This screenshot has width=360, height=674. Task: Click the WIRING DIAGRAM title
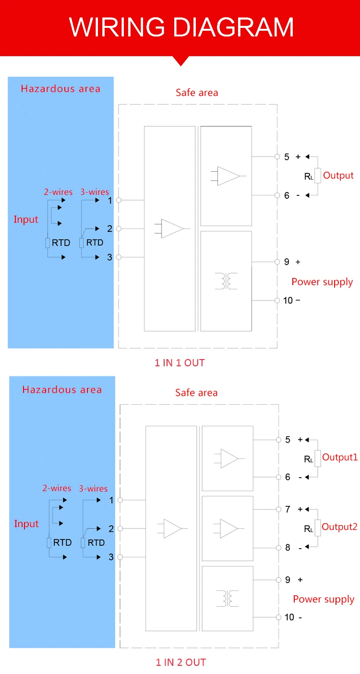pos(181,27)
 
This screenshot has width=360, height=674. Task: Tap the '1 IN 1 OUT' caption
pos(180,363)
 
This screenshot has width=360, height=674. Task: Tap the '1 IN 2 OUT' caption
pos(180,662)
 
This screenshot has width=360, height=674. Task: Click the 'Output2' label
pos(339,527)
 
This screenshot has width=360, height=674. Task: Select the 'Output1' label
pos(340,457)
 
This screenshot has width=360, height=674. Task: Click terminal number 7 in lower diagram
pos(288,509)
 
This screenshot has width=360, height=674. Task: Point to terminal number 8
pos(288,547)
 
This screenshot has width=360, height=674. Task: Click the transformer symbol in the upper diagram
pos(226,281)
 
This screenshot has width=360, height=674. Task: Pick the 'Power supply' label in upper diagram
pos(322,282)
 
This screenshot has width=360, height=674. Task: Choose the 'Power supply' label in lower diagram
pos(324,599)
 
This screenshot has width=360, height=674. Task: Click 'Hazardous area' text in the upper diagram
pos(60,88)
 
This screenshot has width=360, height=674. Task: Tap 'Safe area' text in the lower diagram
pos(196,393)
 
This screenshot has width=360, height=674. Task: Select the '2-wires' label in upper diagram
pos(58,192)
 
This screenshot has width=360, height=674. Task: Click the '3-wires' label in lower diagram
pos(93,488)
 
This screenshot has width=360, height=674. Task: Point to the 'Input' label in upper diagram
pos(26,219)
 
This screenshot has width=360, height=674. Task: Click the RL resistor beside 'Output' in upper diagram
pos(317,176)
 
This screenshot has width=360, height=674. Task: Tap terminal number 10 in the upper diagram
pos(288,301)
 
